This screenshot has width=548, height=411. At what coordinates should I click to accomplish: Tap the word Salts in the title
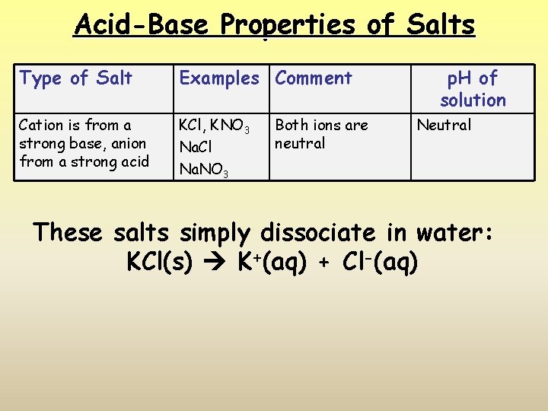[x=441, y=25]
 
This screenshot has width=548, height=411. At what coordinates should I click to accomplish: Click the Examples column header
[x=218, y=78]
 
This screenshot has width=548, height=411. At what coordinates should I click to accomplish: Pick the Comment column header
[x=314, y=78]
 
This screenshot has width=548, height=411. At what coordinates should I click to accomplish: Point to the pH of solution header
[x=472, y=88]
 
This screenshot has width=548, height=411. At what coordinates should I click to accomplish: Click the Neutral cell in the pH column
[x=444, y=125]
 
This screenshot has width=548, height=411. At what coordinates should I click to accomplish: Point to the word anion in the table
[x=124, y=143]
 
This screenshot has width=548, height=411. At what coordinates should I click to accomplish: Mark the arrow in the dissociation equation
[x=215, y=263]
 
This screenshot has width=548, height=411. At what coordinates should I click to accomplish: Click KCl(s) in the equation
[x=160, y=263]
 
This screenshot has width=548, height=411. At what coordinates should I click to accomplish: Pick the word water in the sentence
[x=449, y=232]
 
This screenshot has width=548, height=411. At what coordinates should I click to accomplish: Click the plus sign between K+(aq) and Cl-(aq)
[x=323, y=263]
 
